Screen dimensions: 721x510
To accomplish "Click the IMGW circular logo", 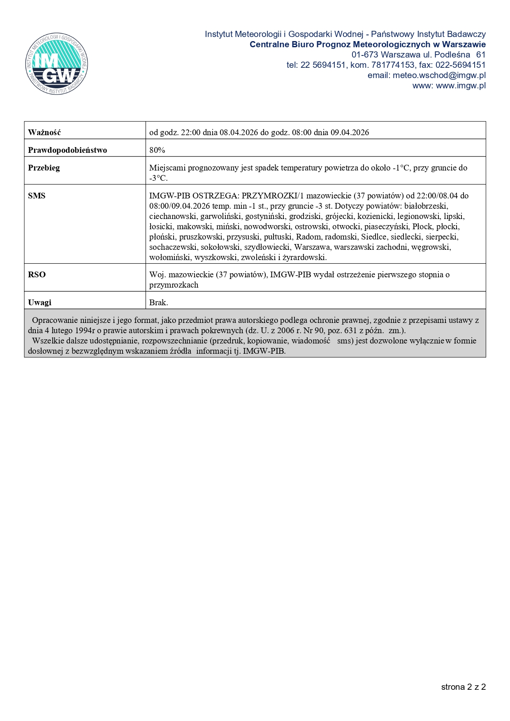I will click(x=56, y=64).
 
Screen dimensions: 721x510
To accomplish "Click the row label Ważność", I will click(x=44, y=132).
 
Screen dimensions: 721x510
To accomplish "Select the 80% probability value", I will click(x=157, y=150).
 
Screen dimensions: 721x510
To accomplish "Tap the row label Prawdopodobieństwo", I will click(x=67, y=150).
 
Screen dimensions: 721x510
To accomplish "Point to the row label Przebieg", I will click(x=44, y=168).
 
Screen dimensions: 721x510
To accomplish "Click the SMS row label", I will click(x=37, y=196).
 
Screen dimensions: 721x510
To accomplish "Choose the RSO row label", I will click(x=37, y=274).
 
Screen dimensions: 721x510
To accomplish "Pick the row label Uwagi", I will click(x=39, y=302).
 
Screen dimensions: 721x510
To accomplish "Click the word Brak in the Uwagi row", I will click(x=158, y=302).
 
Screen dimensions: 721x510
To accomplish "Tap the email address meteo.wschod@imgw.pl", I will click(x=439, y=75).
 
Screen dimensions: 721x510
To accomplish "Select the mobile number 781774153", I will click(x=393, y=65).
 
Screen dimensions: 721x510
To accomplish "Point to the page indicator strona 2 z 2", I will click(x=464, y=687).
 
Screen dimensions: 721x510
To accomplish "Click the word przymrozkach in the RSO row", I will click(x=174, y=285).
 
